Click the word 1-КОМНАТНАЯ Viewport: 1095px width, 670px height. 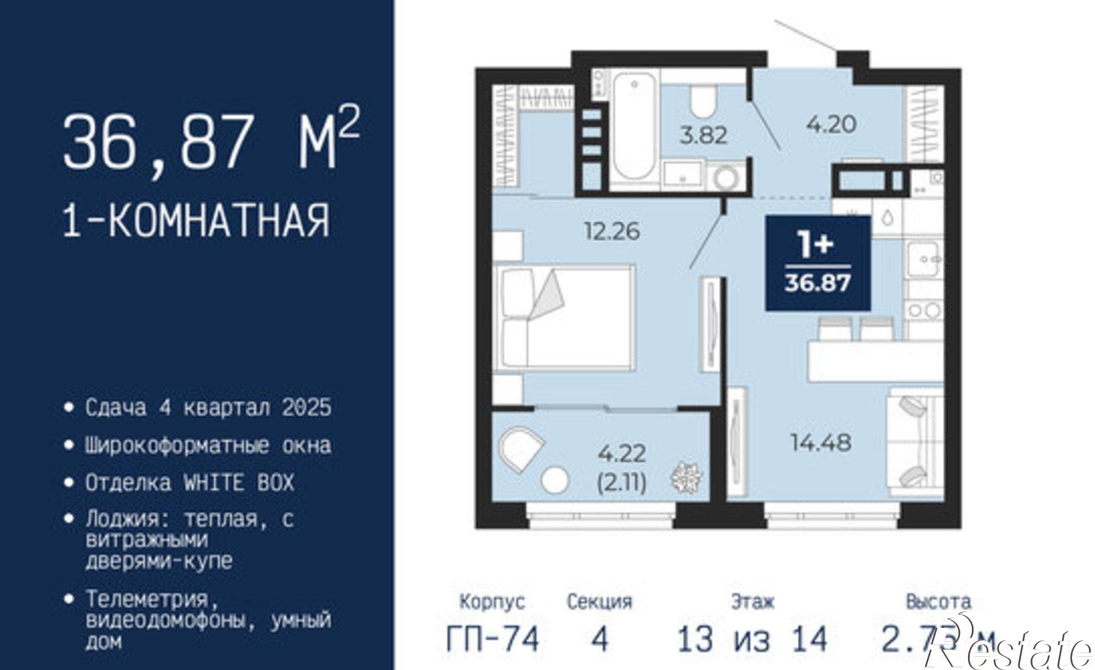(197, 220)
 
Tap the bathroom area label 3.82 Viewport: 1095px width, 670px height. (703, 135)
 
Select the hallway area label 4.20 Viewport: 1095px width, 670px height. (831, 124)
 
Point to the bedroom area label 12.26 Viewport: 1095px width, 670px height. (612, 231)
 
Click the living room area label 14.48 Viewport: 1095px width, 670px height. (820, 442)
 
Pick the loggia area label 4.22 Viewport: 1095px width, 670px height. (622, 454)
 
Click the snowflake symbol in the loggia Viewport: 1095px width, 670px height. (685, 477)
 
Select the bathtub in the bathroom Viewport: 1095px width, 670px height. (634, 129)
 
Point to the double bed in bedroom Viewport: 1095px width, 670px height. (564, 317)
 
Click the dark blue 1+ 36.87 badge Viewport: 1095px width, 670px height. (817, 263)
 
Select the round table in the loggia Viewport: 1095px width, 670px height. (555, 480)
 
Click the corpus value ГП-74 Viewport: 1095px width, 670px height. (493, 639)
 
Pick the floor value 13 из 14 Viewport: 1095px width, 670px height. (752, 639)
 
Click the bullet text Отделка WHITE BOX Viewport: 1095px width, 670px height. (189, 483)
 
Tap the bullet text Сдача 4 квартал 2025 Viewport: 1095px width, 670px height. (208, 408)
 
